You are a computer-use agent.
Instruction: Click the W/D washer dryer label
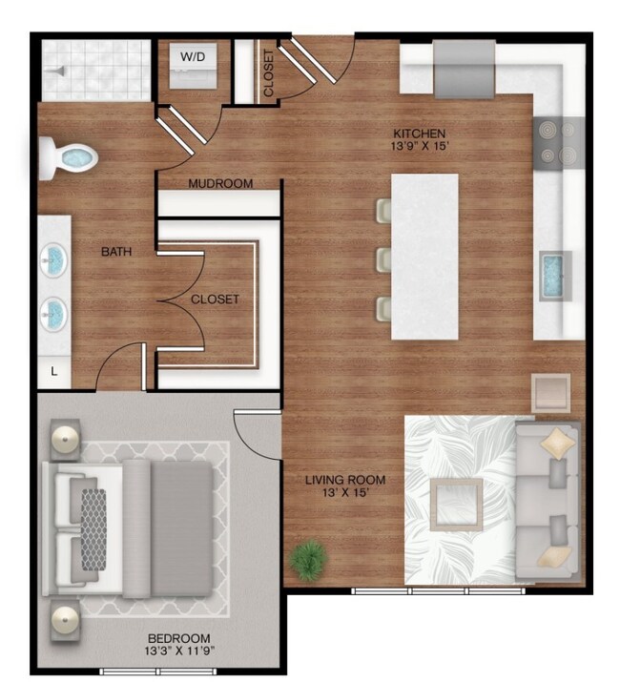click(193, 56)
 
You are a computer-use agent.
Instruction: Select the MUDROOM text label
click(220, 183)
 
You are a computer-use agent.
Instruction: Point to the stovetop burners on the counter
click(559, 142)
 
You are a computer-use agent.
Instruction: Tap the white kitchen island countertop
click(424, 255)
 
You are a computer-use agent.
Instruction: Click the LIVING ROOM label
click(345, 480)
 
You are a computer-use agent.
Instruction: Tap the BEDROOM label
click(179, 638)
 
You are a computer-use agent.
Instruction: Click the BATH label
click(116, 252)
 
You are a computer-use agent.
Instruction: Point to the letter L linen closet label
click(53, 373)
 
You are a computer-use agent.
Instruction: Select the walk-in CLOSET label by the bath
click(215, 299)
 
